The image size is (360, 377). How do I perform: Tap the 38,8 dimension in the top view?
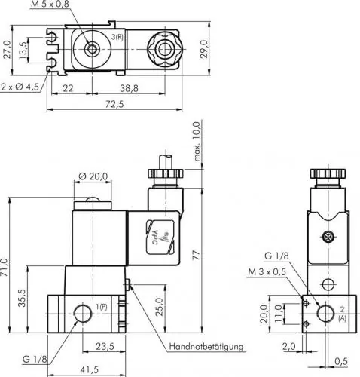point(131,88)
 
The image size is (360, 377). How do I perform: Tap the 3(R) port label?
point(118,37)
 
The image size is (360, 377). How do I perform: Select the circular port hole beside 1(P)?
point(81,312)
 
